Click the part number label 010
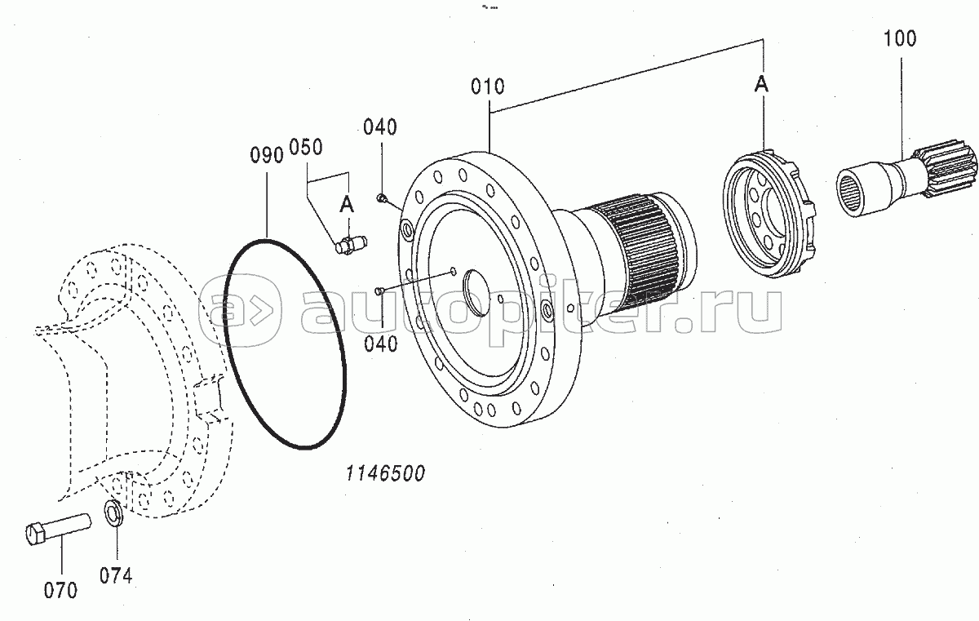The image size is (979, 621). pos(487,86)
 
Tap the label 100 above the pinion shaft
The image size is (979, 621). pos(900,38)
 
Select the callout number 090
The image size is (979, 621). pos(267,155)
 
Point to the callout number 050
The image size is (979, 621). pos(306,147)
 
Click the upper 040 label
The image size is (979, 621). pos(380,127)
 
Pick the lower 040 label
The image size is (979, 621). pos(381,344)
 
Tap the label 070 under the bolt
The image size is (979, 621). pos(60,591)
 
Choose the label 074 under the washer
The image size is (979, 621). pos(116,575)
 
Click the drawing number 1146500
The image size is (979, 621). pos(385,474)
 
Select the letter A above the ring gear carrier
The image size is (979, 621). pos(761,83)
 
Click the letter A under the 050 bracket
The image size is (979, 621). pos(347,204)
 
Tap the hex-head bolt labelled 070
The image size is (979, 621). pos(58,529)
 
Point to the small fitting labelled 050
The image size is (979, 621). pos(351,245)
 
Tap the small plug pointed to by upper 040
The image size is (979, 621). pos(381,198)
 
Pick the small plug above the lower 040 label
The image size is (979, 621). pos(379,291)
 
